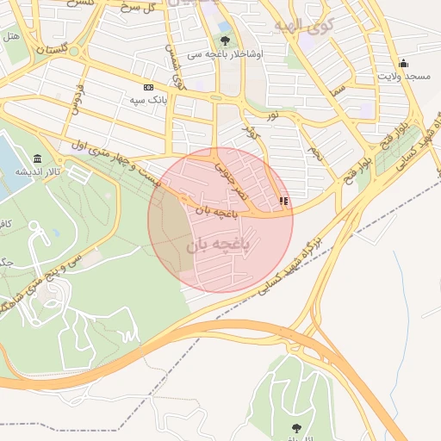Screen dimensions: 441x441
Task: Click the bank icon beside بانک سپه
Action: [148, 87]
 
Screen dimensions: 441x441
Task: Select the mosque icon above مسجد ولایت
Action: [403, 63]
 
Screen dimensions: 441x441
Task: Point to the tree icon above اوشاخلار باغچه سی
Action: [225, 40]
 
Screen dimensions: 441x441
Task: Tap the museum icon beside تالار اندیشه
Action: [37, 158]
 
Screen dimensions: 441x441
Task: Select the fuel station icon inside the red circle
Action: [283, 201]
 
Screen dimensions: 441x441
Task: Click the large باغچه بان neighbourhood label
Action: [217, 245]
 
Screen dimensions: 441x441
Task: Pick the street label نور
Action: [272, 114]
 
